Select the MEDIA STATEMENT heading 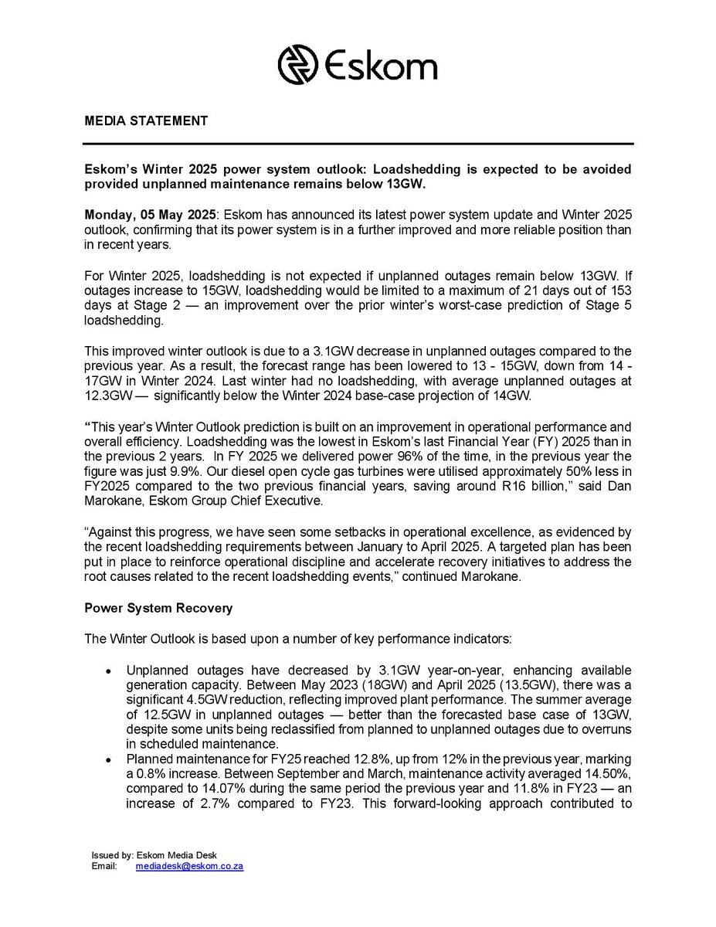coord(146,121)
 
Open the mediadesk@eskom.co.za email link coord(189,867)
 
